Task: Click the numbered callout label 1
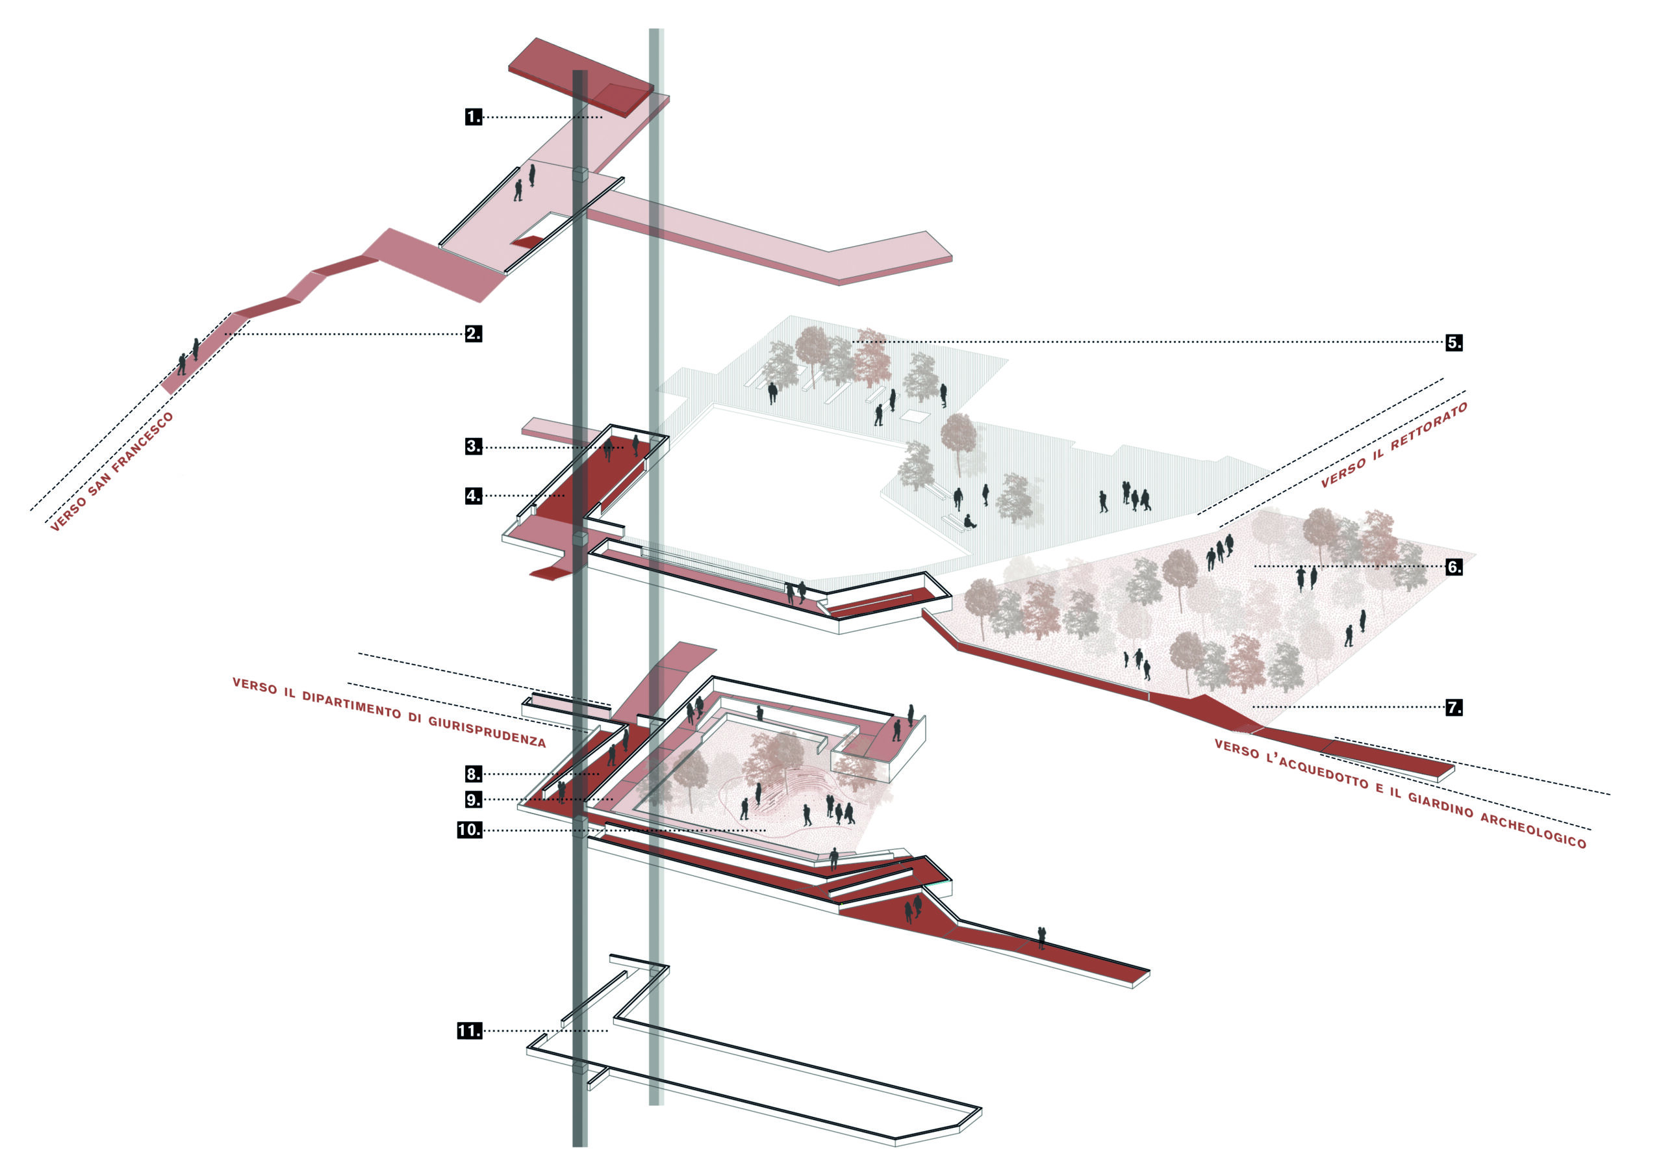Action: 473,117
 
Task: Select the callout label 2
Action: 473,334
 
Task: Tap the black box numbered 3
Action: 473,446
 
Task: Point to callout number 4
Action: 473,496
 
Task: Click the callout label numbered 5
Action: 1454,342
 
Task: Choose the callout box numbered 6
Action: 1454,567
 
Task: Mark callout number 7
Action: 1454,707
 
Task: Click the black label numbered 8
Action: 473,774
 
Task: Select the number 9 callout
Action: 473,800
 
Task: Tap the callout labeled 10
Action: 470,830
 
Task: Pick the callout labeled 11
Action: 470,1030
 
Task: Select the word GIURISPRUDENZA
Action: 487,730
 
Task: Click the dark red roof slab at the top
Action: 581,76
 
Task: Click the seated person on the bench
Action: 969,521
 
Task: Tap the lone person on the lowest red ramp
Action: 1041,938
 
